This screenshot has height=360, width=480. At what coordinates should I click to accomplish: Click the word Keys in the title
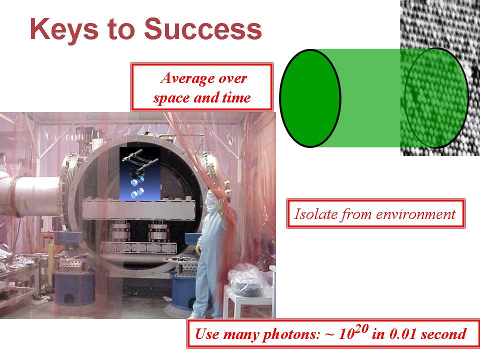pyautogui.click(x=64, y=29)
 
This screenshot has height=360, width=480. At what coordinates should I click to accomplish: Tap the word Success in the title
pyautogui.click(x=203, y=28)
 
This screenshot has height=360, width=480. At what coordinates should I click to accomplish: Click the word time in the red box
pyautogui.click(x=236, y=97)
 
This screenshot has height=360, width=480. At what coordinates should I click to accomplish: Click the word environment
pyautogui.click(x=415, y=214)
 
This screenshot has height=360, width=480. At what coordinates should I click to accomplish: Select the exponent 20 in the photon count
pyautogui.click(x=362, y=329)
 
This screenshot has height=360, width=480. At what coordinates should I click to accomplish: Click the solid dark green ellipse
pyautogui.click(x=310, y=98)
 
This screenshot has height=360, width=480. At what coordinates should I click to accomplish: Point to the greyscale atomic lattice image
pyautogui.click(x=440, y=78)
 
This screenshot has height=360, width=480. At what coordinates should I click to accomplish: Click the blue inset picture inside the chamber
pyautogui.click(x=140, y=173)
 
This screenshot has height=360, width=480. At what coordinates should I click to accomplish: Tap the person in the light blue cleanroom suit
pyautogui.click(x=209, y=254)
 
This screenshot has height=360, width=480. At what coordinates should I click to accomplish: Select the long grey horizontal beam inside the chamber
pyautogui.click(x=138, y=209)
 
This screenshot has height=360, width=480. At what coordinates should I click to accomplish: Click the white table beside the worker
pyautogui.click(x=248, y=301)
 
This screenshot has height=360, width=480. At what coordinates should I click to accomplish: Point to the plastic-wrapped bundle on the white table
pyautogui.click(x=246, y=281)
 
